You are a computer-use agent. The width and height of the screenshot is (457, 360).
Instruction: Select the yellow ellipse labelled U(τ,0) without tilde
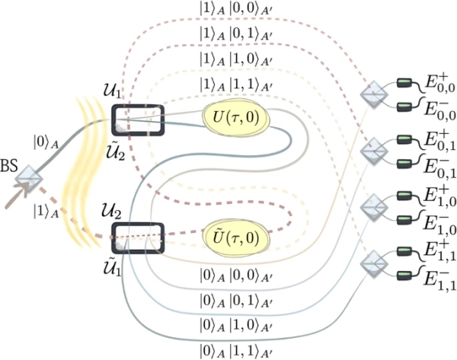pyautogui.click(x=233, y=118)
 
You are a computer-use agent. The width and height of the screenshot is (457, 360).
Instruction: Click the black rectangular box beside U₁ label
pyautogui.click(x=138, y=119)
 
